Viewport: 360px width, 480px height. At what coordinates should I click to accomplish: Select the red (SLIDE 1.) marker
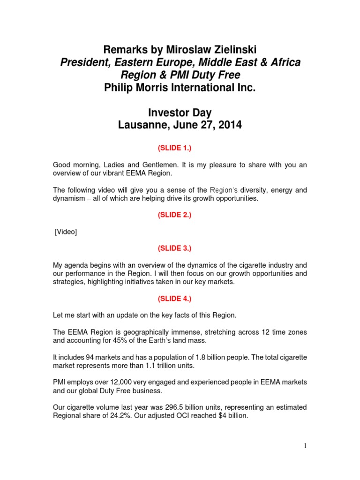tap(180, 148)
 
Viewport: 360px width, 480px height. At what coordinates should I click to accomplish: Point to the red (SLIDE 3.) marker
tap(180, 248)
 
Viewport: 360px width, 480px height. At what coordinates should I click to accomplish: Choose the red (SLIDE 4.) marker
tap(180, 299)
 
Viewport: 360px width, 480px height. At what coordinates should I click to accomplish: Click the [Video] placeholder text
tap(66, 232)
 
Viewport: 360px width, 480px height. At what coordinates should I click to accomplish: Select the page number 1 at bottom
tap(305, 446)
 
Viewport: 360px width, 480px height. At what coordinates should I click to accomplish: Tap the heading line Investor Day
tap(180, 113)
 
